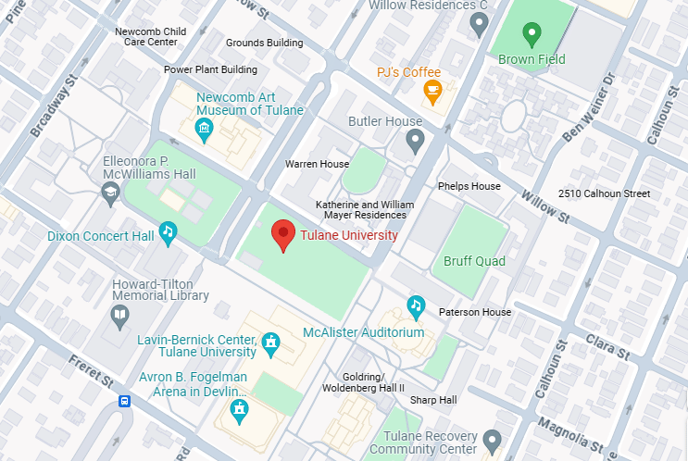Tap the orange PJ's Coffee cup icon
tap(432, 90)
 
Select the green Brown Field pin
tap(532, 35)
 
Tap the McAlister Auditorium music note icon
tap(416, 305)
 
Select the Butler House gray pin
tap(415, 141)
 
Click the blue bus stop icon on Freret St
tap(124, 401)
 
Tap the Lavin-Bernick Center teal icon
tap(271, 344)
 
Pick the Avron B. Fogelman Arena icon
tap(240, 408)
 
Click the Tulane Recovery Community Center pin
tap(492, 439)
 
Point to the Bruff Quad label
tap(474, 261)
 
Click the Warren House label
tap(317, 164)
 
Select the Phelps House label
tap(469, 186)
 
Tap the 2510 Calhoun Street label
tap(605, 193)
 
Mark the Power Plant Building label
tap(210, 69)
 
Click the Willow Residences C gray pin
tap(479, 23)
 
